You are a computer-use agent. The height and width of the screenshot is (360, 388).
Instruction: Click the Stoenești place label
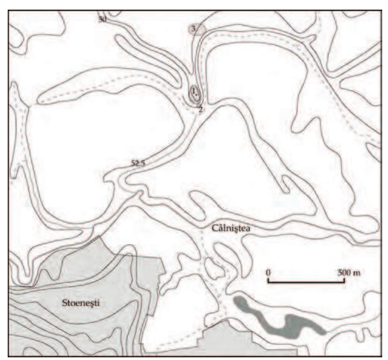click(x=81, y=302)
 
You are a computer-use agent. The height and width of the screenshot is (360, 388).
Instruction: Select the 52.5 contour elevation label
click(x=138, y=163)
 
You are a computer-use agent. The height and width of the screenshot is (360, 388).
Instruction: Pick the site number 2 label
click(x=200, y=109)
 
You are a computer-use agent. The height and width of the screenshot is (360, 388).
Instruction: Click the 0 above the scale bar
click(x=268, y=272)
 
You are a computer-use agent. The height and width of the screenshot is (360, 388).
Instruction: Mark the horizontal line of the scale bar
click(x=306, y=282)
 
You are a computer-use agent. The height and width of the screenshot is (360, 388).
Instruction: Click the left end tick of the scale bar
click(x=268, y=280)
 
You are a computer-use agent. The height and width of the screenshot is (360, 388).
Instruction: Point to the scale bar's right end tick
click(x=344, y=280)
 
